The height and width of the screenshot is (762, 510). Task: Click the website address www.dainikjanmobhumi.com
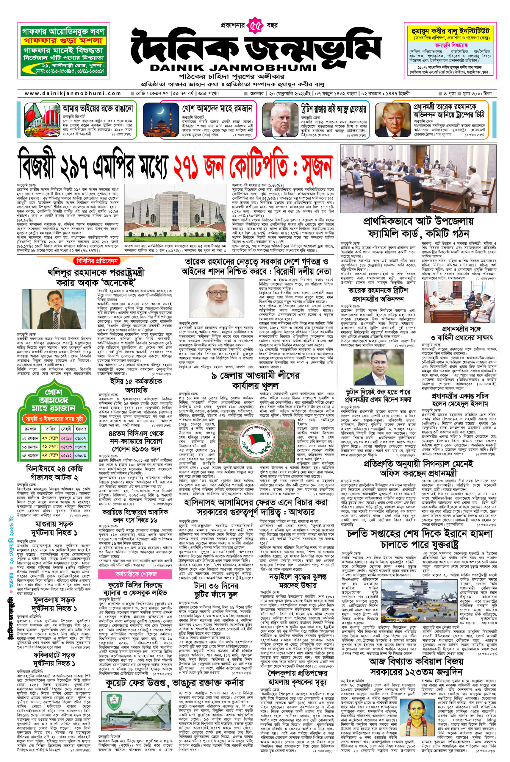pyautogui.click(x=73, y=93)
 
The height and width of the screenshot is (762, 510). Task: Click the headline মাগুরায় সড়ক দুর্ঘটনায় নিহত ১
pyautogui.click(x=54, y=528)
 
